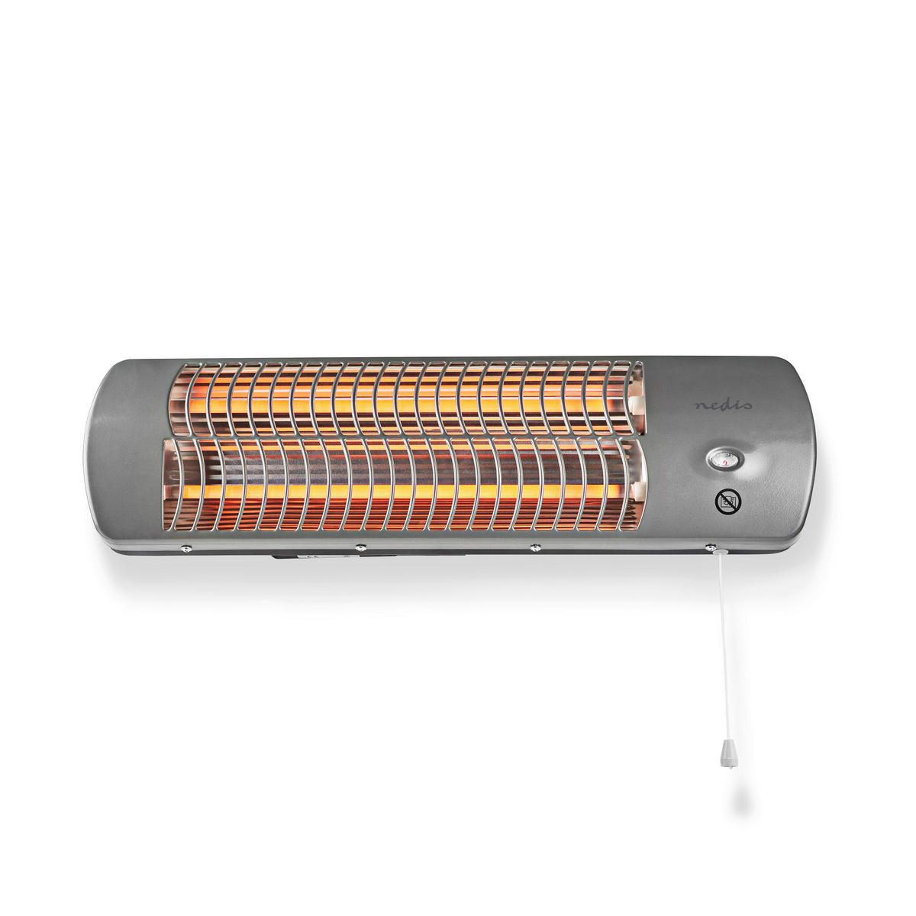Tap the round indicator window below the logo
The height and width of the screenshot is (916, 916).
click(x=721, y=458)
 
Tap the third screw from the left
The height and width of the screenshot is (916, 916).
click(x=534, y=547)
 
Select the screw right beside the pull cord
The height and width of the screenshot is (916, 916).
click(x=710, y=547)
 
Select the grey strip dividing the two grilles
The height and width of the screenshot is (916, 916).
click(x=405, y=437)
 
